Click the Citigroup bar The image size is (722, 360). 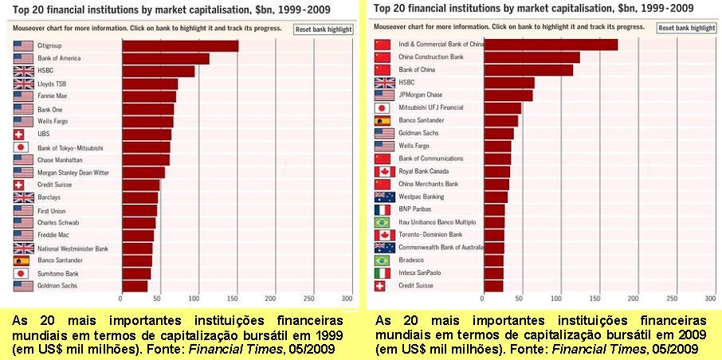pyautogui.click(x=180, y=46)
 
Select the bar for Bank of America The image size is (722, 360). pyautogui.click(x=166, y=58)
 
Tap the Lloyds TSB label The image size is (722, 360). pyautogui.click(x=49, y=84)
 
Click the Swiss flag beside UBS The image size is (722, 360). pyautogui.click(x=19, y=135)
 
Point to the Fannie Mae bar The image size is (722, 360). pyautogui.click(x=149, y=96)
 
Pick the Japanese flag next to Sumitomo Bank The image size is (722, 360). pyautogui.click(x=21, y=273)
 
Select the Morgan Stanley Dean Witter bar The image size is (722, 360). pyautogui.click(x=143, y=173)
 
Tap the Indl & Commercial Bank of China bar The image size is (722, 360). pyautogui.click(x=551, y=45)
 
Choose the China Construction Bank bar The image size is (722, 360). pyautogui.click(x=532, y=57)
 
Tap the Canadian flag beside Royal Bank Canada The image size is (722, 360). pyautogui.click(x=384, y=172)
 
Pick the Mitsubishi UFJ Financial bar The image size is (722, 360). pyautogui.click(x=502, y=108)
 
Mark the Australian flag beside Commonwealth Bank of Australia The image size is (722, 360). pyautogui.click(x=384, y=248)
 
